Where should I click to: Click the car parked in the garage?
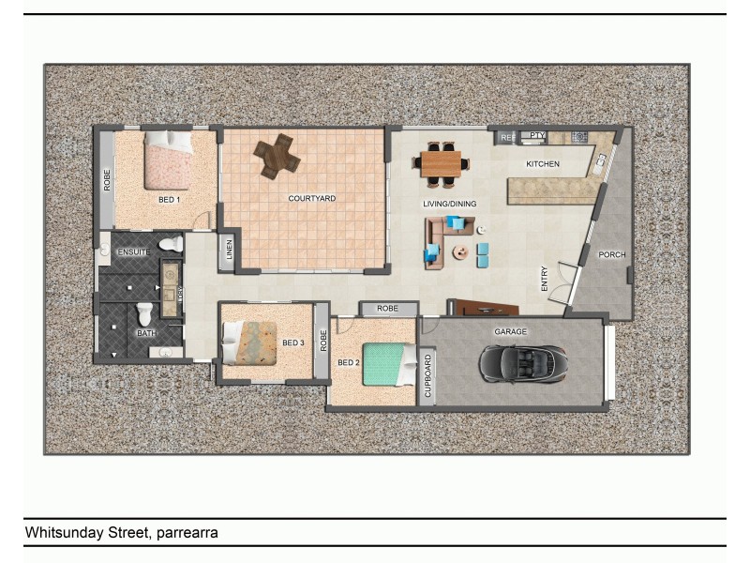[522, 361]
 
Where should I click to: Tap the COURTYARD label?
[311, 199]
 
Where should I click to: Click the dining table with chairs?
[442, 163]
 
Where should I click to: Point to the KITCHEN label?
[542, 164]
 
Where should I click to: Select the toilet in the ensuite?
[171, 245]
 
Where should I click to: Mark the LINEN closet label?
[230, 251]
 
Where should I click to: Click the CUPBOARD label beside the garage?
[428, 376]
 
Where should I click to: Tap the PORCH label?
[612, 255]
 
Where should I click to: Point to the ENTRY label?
[545, 279]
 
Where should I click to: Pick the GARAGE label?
[510, 332]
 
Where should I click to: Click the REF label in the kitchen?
[506, 138]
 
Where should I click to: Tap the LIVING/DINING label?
[449, 204]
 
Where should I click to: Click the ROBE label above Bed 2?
[388, 309]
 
